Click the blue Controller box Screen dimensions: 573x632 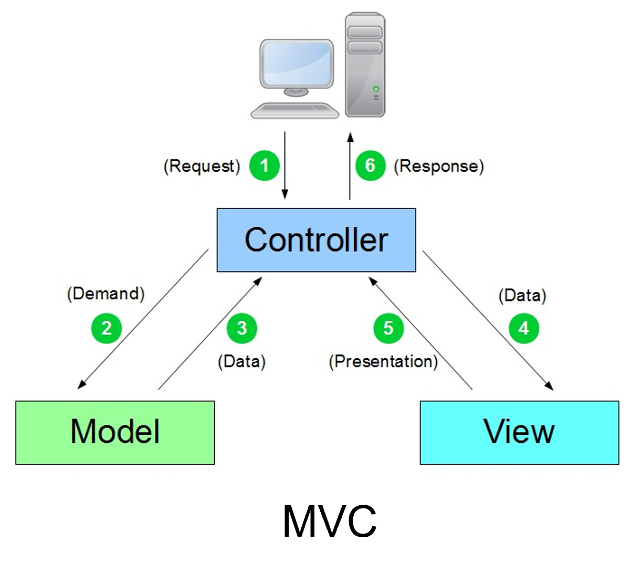[x=316, y=240]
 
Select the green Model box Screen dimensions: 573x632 [x=115, y=432]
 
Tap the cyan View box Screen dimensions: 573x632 [x=519, y=432]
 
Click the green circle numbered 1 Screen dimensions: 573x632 [x=264, y=165]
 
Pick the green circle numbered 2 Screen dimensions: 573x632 [x=107, y=328]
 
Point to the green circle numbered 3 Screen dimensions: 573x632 [x=242, y=328]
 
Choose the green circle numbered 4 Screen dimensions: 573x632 [x=524, y=328]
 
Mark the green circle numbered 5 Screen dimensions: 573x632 [x=388, y=328]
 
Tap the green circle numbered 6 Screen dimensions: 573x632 [x=371, y=165]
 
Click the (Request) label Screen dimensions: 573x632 [x=202, y=166]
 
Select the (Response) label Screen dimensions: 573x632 [x=439, y=166]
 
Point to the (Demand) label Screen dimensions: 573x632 [x=106, y=293]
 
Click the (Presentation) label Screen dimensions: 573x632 [x=383, y=361]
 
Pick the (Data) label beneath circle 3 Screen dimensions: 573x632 [x=241, y=361]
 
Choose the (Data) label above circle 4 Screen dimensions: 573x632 [x=522, y=296]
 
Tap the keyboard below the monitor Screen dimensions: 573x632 [x=294, y=110]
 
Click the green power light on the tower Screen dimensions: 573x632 [x=376, y=89]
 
